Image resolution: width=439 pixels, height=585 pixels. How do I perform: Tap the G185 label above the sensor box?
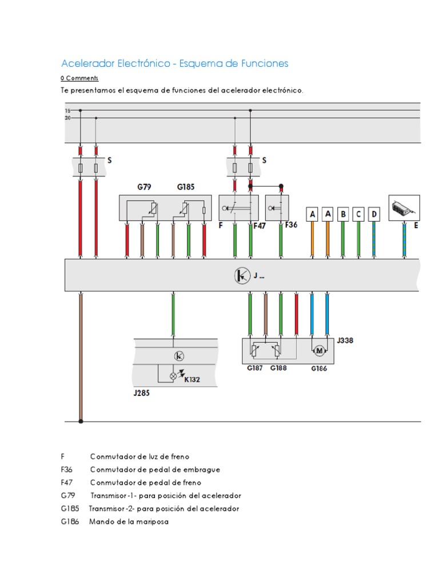tap(186, 187)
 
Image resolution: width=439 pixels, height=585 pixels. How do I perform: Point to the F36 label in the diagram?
tap(292, 225)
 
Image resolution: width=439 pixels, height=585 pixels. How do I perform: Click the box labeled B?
tap(343, 214)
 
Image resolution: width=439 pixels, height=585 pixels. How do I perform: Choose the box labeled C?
tap(358, 214)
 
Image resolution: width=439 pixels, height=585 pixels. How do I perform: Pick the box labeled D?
tap(374, 214)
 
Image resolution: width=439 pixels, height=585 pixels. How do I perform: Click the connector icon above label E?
tap(404, 208)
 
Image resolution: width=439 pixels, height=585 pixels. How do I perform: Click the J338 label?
tap(345, 340)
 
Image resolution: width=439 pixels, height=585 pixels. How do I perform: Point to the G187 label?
tap(255, 368)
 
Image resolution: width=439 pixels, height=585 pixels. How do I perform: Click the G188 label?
tap(278, 368)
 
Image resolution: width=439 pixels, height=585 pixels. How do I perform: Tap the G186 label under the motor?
tap(319, 369)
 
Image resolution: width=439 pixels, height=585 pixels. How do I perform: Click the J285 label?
tap(142, 393)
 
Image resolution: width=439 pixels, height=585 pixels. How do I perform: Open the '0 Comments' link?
tap(79, 78)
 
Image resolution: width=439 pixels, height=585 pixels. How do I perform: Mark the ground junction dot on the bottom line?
tap(81, 421)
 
